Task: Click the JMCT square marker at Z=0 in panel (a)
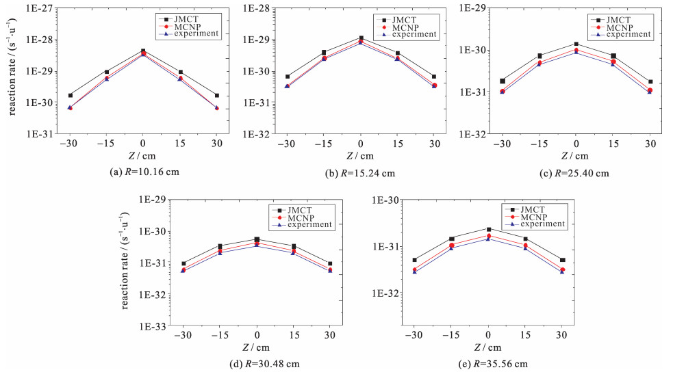tap(142, 51)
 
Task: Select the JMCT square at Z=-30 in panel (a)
tap(70, 95)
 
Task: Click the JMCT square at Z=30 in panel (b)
tap(433, 77)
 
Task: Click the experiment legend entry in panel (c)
tap(633, 34)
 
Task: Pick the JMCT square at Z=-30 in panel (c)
tap(503, 81)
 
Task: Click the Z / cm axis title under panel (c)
tap(576, 157)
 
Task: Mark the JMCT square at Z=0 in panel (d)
tap(257, 239)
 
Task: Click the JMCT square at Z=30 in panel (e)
tap(562, 260)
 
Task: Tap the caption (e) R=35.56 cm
tap(487, 363)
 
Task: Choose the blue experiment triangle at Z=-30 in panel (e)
tap(414, 271)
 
